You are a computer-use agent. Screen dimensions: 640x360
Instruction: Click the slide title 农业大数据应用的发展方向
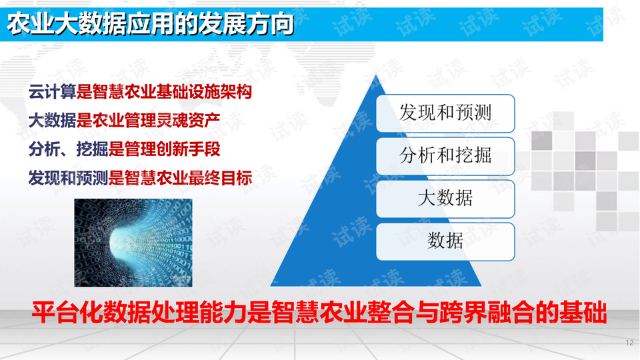coord(150,24)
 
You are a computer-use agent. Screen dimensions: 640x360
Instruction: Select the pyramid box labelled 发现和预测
coord(445,113)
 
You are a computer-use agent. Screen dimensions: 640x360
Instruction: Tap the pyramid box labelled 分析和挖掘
coord(445,156)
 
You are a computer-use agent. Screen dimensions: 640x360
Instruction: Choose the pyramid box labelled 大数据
coord(445,199)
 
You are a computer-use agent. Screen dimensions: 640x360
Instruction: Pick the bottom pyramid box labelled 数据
coord(445,241)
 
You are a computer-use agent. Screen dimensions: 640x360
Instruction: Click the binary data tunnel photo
coord(133,243)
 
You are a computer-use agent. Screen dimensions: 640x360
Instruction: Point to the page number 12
coord(629,343)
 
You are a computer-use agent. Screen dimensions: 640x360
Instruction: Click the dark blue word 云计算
coord(52,92)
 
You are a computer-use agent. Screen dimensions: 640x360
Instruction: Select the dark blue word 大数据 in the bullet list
coord(52,121)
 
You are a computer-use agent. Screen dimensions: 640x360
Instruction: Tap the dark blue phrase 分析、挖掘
coord(68,149)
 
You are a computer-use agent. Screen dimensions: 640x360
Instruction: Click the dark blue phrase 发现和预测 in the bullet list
coord(68,178)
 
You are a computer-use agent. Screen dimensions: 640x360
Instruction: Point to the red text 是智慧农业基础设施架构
coord(164,92)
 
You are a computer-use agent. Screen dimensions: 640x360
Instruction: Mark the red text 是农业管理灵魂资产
coord(148,121)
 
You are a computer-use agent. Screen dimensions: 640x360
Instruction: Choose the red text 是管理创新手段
coord(164,149)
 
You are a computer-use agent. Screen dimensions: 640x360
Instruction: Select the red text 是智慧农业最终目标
coord(180,178)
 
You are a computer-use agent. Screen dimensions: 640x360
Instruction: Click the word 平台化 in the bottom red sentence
coord(67,313)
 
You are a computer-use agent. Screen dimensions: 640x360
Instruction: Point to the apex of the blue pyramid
coord(376,75)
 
